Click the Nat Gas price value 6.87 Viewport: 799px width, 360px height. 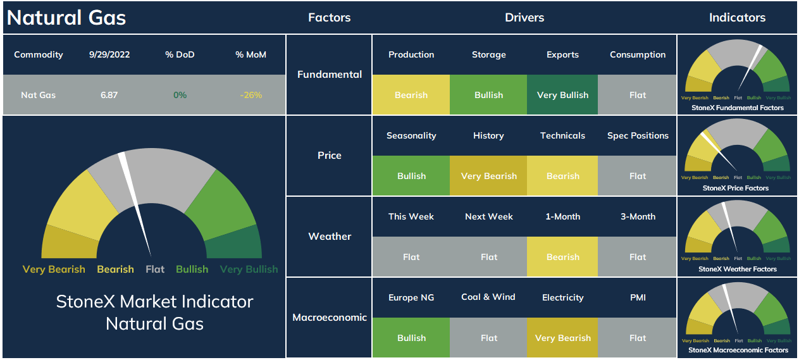[x=109, y=95]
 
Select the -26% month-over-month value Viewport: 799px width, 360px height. [x=251, y=95]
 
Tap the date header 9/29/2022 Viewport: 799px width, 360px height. [x=109, y=54]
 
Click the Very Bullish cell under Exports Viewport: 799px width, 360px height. [x=562, y=94]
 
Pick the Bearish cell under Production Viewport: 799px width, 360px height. [x=411, y=94]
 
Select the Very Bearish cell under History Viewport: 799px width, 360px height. [x=488, y=175]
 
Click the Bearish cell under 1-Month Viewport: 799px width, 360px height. [x=562, y=256]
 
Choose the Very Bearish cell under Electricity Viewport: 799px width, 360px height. [x=562, y=337]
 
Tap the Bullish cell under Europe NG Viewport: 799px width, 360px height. [x=411, y=337]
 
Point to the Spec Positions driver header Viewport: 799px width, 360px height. [x=638, y=135]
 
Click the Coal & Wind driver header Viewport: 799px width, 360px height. [x=488, y=297]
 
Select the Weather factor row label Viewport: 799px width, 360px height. [x=330, y=236]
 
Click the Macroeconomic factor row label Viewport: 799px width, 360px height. [x=330, y=317]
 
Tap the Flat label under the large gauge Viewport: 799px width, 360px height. [x=155, y=269]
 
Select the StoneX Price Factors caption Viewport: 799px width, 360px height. [x=736, y=188]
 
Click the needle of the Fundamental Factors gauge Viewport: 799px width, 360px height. [x=750, y=68]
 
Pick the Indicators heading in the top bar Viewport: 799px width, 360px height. [x=737, y=18]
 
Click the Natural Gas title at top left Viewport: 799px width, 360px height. [x=66, y=18]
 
